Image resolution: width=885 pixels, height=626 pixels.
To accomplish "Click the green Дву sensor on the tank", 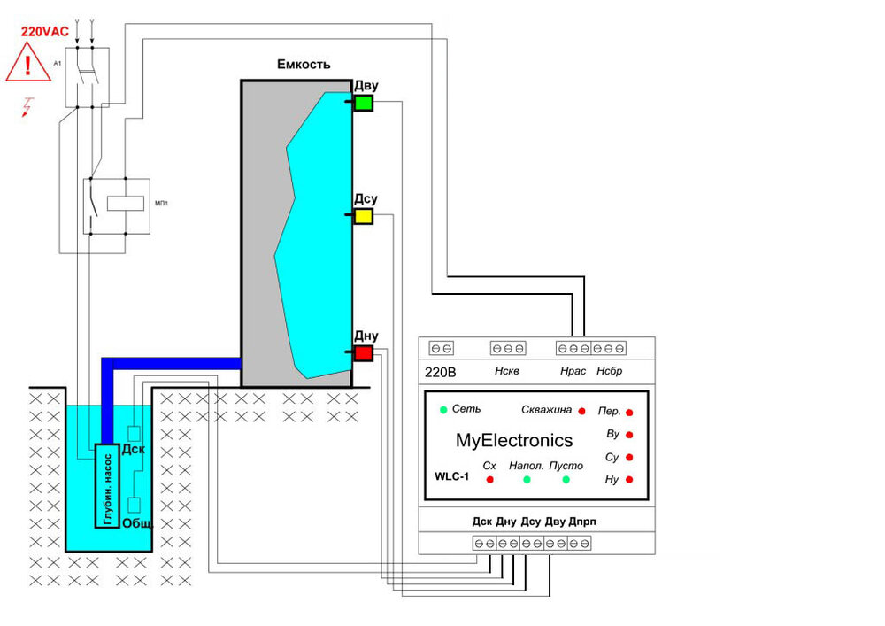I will (x=363, y=104).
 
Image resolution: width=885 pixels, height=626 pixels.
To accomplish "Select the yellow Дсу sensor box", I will (x=363, y=216).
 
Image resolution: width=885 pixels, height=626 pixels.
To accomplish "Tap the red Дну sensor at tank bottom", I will (x=363, y=354).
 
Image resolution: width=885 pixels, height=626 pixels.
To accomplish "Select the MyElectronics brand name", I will (x=514, y=440).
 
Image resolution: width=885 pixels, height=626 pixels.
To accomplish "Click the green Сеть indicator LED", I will (x=442, y=409).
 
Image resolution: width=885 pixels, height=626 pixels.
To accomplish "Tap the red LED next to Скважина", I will (x=581, y=411).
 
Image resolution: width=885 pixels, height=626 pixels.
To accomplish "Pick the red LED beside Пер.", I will (x=629, y=413).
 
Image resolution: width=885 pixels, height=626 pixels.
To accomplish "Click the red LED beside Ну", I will (x=629, y=480).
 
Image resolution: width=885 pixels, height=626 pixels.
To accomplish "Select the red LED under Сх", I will (x=489, y=480).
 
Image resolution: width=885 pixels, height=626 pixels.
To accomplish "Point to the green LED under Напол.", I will (x=527, y=480).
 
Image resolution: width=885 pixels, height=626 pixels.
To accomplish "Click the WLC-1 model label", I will (x=451, y=475).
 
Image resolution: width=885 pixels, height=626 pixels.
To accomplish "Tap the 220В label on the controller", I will (x=440, y=372).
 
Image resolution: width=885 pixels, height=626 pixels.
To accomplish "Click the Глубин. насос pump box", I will (x=108, y=485).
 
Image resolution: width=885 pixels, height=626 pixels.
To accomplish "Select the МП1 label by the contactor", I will (x=161, y=203).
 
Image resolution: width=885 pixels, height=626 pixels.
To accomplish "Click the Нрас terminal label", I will (x=573, y=371).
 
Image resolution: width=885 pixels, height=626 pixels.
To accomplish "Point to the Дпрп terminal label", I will (x=581, y=522).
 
